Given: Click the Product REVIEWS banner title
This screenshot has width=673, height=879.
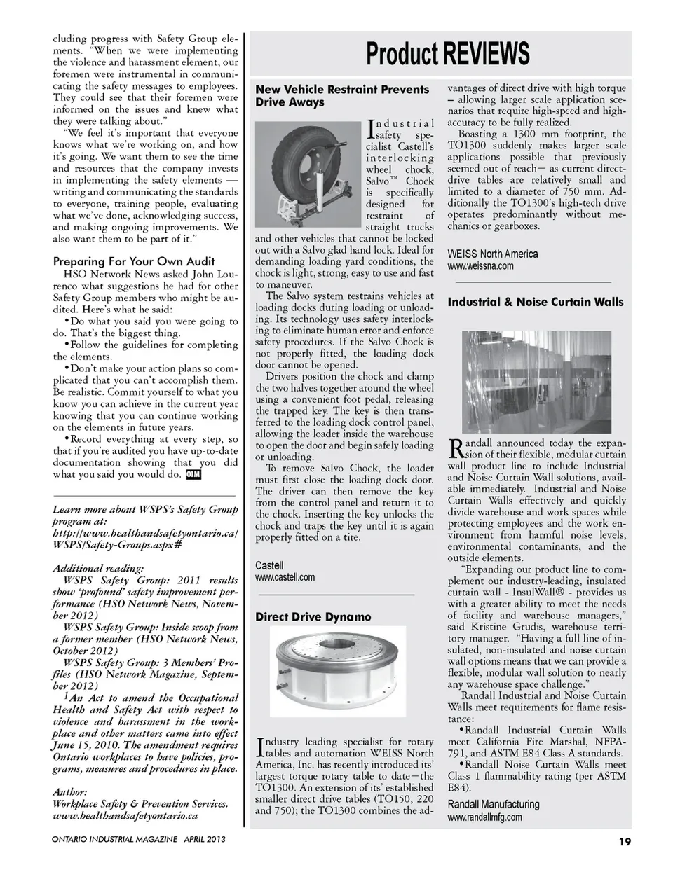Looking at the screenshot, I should click(447, 54).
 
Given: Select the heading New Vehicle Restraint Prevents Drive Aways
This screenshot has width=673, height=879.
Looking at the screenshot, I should click(341, 96).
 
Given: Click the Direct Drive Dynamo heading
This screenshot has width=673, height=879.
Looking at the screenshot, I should click(313, 617).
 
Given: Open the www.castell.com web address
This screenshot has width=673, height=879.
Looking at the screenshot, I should click(285, 577).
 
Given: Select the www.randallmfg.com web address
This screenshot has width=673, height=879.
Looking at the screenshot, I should click(484, 817).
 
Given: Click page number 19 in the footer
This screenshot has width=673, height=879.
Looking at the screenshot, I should click(625, 841).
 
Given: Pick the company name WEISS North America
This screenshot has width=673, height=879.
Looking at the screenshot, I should click(493, 254).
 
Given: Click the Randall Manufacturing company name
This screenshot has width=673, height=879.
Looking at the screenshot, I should click(494, 804).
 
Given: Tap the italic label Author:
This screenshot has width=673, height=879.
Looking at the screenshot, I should click(70, 792).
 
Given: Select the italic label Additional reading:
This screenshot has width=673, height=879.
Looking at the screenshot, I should click(98, 568).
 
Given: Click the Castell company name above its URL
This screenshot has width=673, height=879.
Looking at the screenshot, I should click(269, 565).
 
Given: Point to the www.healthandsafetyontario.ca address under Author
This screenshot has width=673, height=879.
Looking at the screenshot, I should click(125, 816).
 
